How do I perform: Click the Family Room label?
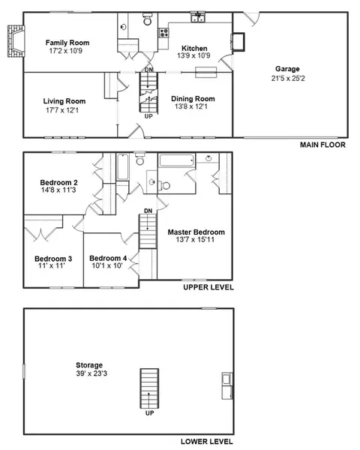click(x=67, y=43)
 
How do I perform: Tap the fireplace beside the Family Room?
click(x=16, y=41)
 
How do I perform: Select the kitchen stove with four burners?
click(x=164, y=32)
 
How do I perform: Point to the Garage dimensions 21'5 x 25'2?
click(x=288, y=78)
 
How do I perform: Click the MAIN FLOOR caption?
click(x=322, y=145)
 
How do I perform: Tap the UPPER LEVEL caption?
click(x=208, y=287)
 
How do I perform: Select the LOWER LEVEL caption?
click(x=207, y=442)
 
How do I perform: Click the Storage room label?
click(x=89, y=365)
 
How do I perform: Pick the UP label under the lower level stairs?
click(x=149, y=413)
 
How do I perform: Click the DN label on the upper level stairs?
click(x=148, y=211)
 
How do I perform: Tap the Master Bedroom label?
click(x=196, y=232)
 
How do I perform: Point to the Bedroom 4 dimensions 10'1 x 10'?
click(x=107, y=265)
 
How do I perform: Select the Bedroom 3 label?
click(x=53, y=259)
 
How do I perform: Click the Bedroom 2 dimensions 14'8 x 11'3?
click(x=58, y=190)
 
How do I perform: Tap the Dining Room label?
click(x=193, y=99)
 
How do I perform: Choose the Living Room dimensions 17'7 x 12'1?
click(x=62, y=110)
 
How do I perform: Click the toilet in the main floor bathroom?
click(x=148, y=19)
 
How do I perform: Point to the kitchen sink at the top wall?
click(x=198, y=17)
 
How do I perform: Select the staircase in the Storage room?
click(x=149, y=388)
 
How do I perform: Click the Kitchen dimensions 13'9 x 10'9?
click(x=193, y=55)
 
